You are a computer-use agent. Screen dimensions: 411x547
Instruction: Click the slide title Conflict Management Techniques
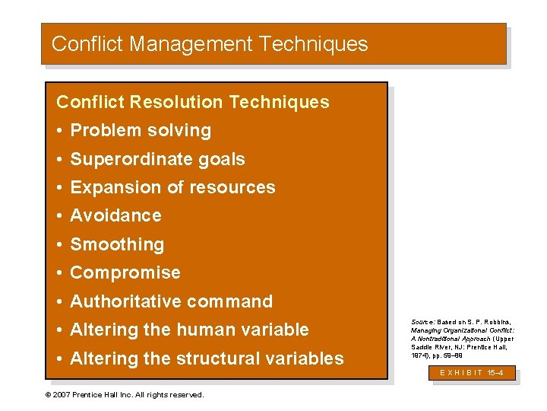pyautogui.click(x=210, y=44)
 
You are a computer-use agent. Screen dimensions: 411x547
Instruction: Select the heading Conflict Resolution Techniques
pyautogui.click(x=193, y=102)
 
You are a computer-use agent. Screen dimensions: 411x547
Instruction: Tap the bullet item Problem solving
pyautogui.click(x=141, y=130)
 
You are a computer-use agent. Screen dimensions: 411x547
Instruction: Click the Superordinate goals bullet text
pyautogui.click(x=157, y=159)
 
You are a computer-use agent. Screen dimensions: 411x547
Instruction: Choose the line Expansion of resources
pyautogui.click(x=172, y=187)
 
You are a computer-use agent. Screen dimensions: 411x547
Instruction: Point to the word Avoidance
pyautogui.click(x=115, y=215)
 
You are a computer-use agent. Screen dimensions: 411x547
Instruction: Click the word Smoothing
pyautogui.click(x=117, y=244)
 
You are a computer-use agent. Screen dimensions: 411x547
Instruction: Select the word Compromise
pyautogui.click(x=125, y=272)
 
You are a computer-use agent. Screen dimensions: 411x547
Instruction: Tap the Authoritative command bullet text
pyautogui.click(x=171, y=301)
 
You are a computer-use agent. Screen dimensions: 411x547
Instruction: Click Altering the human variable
pyautogui.click(x=189, y=330)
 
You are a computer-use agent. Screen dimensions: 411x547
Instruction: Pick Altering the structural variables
pyautogui.click(x=207, y=358)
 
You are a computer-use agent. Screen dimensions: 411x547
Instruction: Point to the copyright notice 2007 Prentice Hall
pyautogui.click(x=125, y=395)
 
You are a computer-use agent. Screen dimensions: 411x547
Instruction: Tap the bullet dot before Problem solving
pyautogui.click(x=60, y=131)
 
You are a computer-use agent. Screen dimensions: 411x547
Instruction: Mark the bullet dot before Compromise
pyautogui.click(x=60, y=273)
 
